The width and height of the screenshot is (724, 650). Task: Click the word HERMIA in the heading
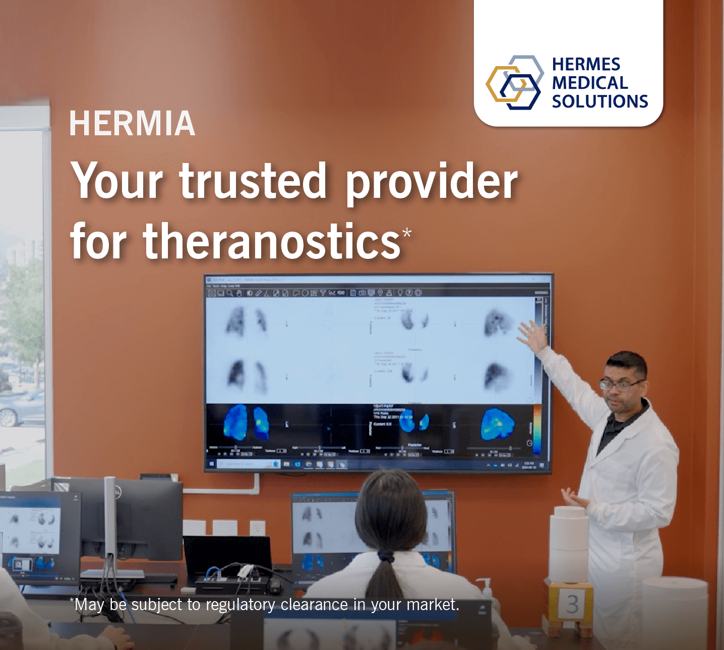click(132, 124)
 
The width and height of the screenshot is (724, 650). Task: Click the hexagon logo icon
click(514, 83)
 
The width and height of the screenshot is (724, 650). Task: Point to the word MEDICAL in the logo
click(589, 83)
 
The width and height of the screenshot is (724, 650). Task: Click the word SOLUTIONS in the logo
click(599, 101)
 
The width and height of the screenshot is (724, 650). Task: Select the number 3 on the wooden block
click(572, 604)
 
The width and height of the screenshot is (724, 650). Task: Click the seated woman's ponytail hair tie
click(386, 557)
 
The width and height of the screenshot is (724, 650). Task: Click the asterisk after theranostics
click(407, 232)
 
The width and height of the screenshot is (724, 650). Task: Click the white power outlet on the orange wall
click(258, 528)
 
